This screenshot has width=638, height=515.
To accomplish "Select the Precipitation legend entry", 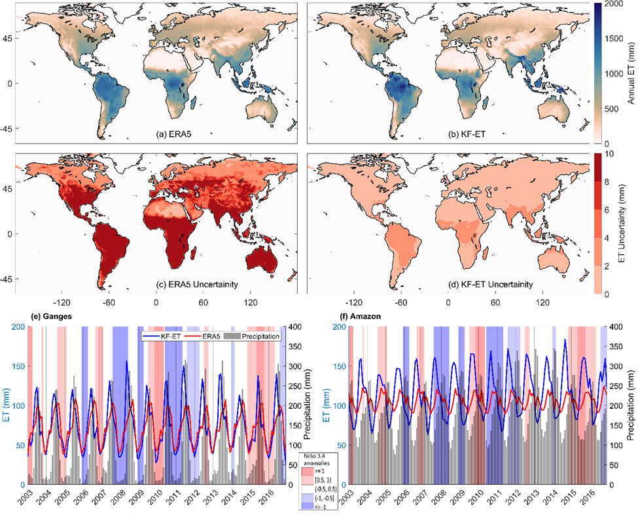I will (x=258, y=336).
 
